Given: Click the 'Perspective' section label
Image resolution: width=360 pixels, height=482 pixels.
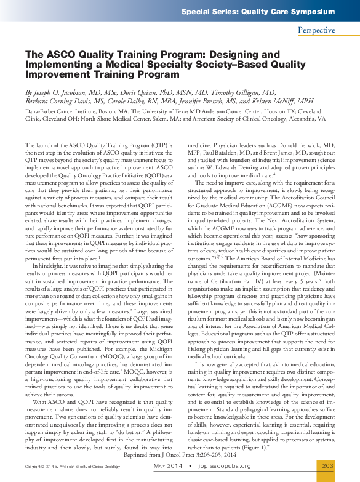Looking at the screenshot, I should (x=316, y=30).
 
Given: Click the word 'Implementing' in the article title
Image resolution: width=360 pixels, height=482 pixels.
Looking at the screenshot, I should (x=57, y=65).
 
